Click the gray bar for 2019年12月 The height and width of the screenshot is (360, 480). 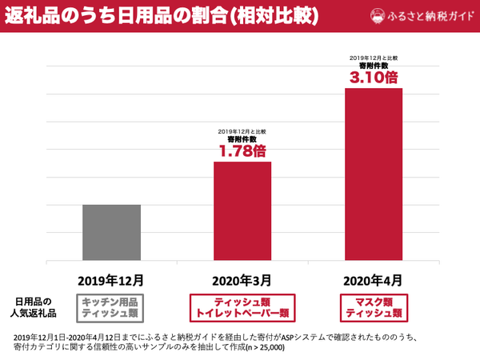tap(112, 232)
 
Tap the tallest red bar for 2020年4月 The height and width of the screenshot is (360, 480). tap(373, 174)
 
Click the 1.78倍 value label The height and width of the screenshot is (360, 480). tap(242, 150)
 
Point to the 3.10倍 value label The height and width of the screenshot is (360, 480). tap(373, 77)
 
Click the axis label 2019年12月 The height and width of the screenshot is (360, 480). tap(112, 281)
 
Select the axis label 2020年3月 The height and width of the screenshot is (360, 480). tap(242, 281)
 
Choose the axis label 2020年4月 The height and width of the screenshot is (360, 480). tap(373, 281)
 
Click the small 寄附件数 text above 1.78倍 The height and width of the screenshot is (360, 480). tap(242, 138)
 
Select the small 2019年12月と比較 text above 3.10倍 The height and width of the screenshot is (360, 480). tap(373, 58)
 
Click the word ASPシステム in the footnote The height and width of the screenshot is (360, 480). tap(293, 336)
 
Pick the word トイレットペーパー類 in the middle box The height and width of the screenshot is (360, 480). tap(242, 313)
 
